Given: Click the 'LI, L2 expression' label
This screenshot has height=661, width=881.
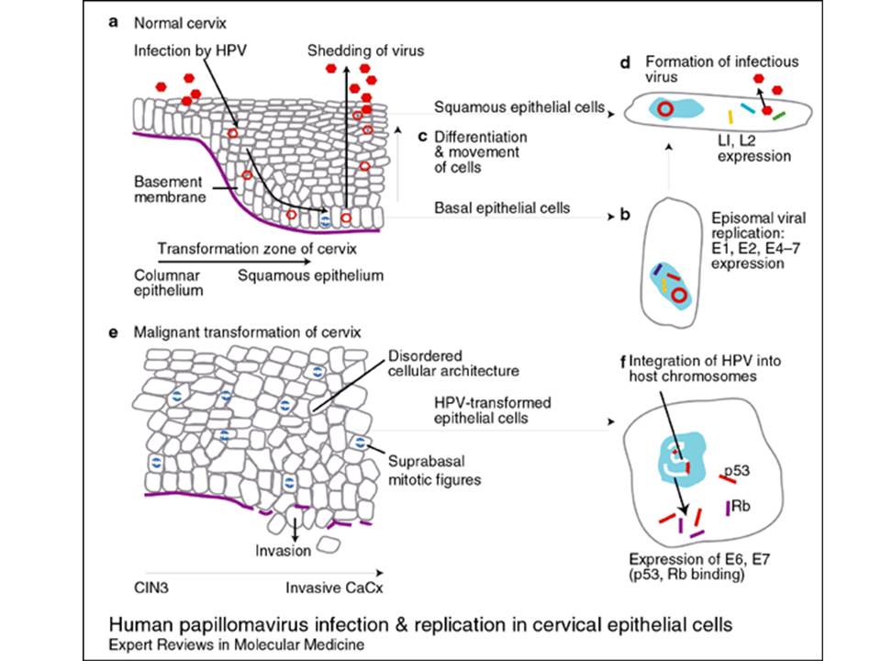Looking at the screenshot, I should click(x=755, y=148).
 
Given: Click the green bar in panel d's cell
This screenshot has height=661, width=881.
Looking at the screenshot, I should click(x=778, y=116).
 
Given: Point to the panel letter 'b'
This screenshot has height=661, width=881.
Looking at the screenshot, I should click(x=625, y=216).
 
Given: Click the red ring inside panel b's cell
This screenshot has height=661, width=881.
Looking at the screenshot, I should click(x=679, y=296).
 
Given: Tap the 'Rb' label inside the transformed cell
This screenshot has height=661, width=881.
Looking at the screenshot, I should click(x=742, y=505).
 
